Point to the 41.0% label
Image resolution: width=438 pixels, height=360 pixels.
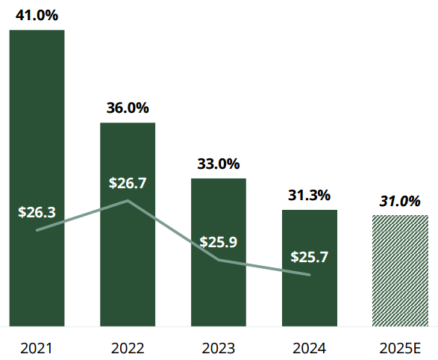point(37,14)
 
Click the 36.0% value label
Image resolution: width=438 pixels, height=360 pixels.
point(128,108)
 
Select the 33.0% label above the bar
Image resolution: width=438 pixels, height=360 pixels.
point(219,164)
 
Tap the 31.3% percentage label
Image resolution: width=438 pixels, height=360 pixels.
point(310,195)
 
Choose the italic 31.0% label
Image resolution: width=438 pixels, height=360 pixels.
point(400,201)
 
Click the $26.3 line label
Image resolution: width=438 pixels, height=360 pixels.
point(37,212)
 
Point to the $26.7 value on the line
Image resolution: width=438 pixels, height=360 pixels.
point(128,183)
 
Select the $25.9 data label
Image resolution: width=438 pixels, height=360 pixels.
point(219,243)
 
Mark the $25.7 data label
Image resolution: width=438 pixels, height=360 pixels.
point(310,257)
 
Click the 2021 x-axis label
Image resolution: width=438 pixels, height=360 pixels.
point(37,348)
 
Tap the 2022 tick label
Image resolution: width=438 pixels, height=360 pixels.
point(128,348)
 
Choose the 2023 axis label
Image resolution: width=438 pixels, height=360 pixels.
point(219,348)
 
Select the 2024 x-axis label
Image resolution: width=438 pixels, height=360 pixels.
point(310,348)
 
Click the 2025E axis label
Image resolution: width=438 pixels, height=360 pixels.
point(400,348)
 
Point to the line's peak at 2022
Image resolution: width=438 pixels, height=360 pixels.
point(128,201)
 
